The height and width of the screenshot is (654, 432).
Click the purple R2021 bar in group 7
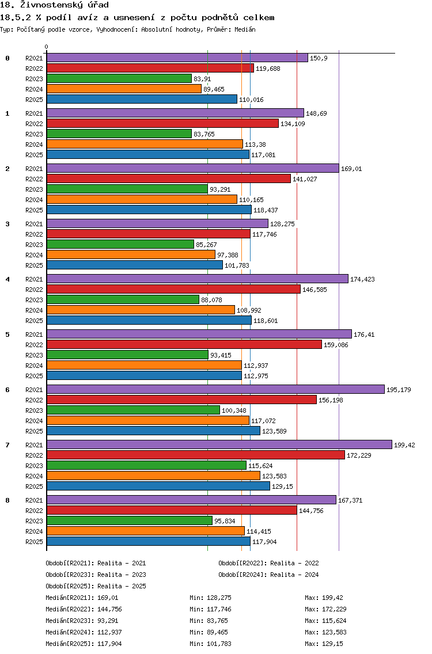219,444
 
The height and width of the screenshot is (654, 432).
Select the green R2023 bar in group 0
119,78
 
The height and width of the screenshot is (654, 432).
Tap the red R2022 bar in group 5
184,344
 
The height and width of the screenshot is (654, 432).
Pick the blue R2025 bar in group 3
134,265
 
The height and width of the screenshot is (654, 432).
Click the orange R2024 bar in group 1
145,145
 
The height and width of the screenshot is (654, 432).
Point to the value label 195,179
399,390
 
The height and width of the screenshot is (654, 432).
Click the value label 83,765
204,134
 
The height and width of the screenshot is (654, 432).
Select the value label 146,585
314,290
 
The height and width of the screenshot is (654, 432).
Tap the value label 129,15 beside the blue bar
283,486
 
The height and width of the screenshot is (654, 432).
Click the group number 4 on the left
7,279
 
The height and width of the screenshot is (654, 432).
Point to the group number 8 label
7,500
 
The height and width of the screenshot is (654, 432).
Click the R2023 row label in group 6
34,410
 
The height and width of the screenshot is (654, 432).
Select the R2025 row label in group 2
34,210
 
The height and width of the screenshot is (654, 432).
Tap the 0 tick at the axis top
46,47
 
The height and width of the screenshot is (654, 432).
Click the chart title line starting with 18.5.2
137,17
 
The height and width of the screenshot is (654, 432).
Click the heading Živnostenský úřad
65,5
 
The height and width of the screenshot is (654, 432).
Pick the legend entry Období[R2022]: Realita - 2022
268,563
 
